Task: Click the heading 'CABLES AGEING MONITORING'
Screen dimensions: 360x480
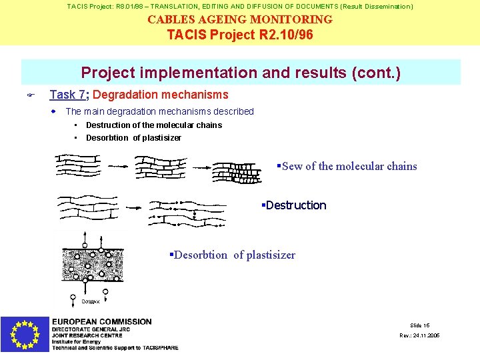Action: click(x=240, y=19)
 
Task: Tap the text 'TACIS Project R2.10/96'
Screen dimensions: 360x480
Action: click(x=240, y=34)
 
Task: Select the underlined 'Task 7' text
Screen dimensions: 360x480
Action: click(x=66, y=95)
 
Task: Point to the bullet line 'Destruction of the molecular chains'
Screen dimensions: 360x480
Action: click(x=153, y=125)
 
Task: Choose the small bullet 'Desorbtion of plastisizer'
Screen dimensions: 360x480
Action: click(x=133, y=138)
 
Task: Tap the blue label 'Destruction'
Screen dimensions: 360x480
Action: click(x=295, y=205)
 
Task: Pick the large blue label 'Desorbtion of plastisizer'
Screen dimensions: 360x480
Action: click(x=233, y=255)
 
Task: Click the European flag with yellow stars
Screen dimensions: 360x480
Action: click(x=25, y=333)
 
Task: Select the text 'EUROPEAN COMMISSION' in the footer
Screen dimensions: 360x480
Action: click(x=102, y=322)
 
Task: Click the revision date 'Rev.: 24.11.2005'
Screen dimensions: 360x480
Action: click(x=419, y=335)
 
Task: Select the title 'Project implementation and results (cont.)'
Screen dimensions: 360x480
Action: click(x=241, y=72)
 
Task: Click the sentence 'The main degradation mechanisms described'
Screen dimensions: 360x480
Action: click(x=159, y=111)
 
